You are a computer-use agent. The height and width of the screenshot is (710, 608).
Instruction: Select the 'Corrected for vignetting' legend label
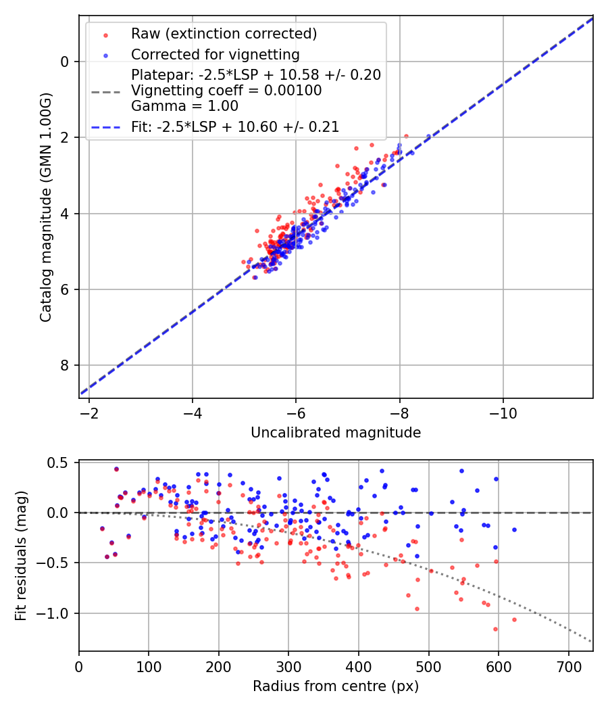(215, 54)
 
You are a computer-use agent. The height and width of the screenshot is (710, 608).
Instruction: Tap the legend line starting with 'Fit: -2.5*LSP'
(235, 126)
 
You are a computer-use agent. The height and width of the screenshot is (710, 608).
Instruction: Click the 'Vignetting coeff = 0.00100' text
(226, 90)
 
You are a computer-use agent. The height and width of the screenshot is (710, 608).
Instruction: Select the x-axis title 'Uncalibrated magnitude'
(336, 433)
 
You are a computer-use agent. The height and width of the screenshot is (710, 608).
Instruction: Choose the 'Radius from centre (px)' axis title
(336, 686)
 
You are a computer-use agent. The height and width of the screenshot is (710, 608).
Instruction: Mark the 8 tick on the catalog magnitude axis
(66, 365)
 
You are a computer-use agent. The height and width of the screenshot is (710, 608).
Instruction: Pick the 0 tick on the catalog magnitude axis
(66, 62)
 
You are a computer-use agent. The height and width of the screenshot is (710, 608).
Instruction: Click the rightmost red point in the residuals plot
(514, 619)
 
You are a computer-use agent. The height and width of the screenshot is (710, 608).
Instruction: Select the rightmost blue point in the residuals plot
(514, 529)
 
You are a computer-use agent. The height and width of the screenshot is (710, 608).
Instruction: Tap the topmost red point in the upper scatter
(406, 136)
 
